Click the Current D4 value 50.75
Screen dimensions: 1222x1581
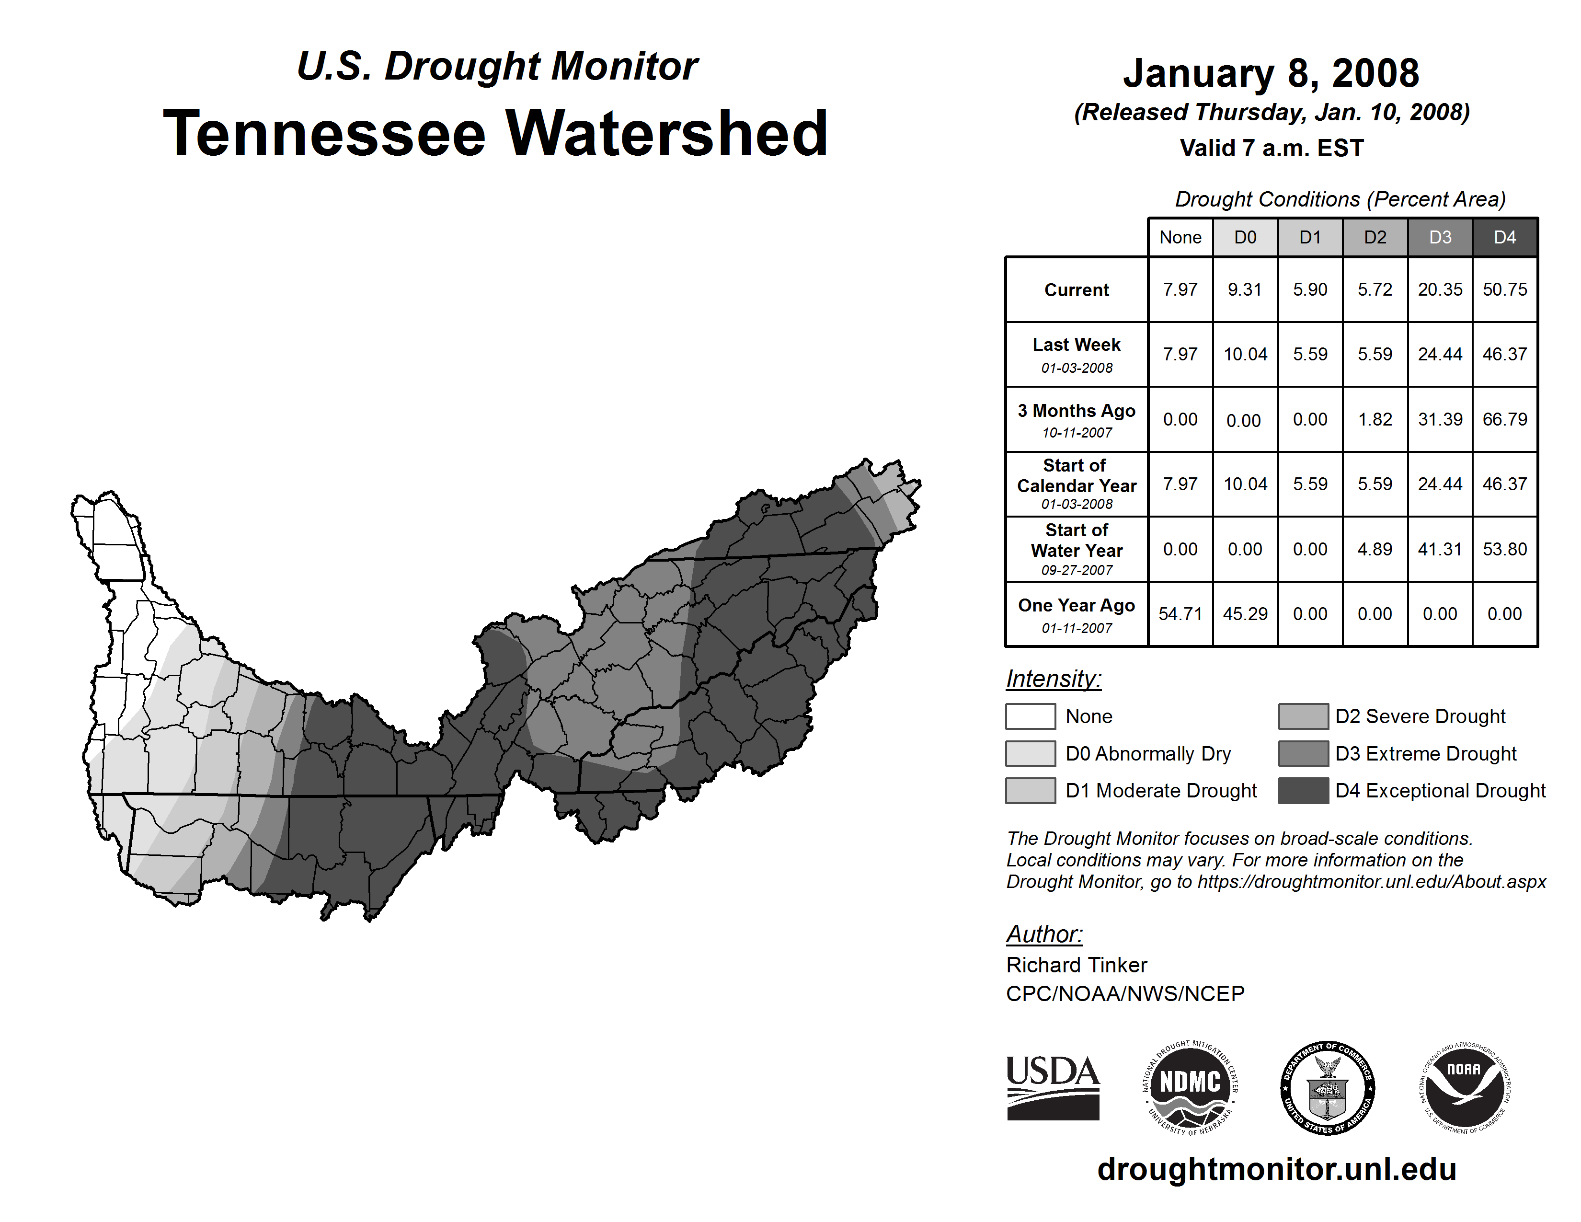click(x=1504, y=289)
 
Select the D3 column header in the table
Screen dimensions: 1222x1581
click(x=1440, y=237)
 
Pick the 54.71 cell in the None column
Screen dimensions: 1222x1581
click(x=1180, y=614)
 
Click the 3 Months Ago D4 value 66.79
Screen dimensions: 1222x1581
click(x=1504, y=419)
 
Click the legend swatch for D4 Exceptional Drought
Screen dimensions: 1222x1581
click(x=1303, y=791)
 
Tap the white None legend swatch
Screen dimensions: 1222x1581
click(x=1030, y=716)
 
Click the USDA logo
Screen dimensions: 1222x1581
click(x=1053, y=1087)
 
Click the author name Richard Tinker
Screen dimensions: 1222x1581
click(x=1077, y=965)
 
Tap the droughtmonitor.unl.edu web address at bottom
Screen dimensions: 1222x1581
click(x=1276, y=1170)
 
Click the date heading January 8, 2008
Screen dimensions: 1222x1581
click(x=1271, y=73)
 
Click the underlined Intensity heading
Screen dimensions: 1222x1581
click(x=1053, y=679)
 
